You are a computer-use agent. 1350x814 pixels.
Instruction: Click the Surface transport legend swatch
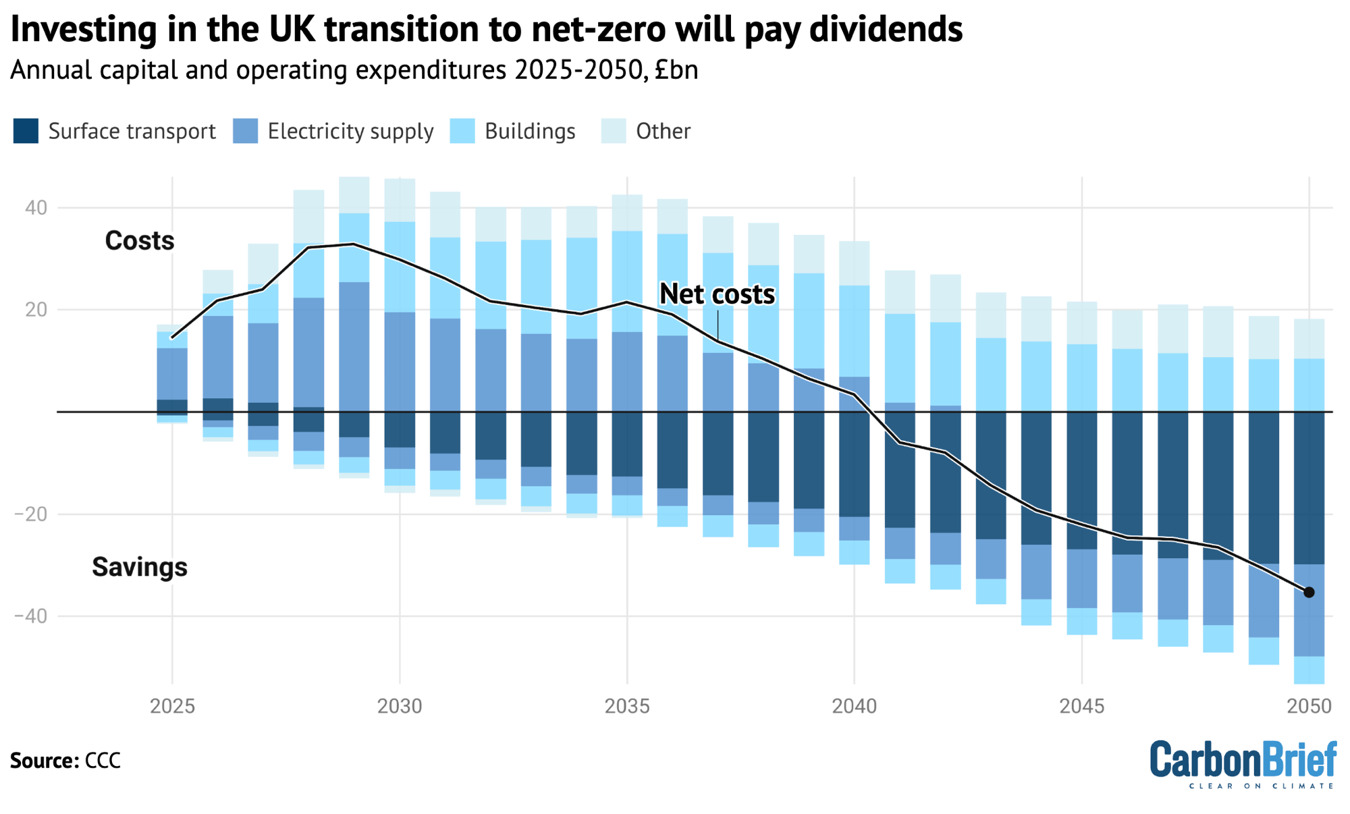26,131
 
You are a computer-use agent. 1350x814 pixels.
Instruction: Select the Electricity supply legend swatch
245,131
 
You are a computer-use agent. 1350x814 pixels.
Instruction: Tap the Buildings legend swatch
462,131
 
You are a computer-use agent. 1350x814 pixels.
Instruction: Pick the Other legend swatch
614,131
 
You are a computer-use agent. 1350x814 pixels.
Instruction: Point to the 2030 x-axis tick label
400,707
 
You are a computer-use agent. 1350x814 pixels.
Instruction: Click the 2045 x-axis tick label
1082,707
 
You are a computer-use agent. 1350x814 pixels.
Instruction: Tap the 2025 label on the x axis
172,707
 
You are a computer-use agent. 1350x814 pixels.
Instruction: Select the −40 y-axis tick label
28,616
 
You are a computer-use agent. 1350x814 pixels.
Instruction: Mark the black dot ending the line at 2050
1309,593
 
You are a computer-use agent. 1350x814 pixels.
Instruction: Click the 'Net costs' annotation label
717,294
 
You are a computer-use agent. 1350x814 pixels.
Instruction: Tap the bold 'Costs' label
140,241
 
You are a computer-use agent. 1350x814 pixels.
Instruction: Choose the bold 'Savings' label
140,567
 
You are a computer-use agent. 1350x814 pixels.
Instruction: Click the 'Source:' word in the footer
45,761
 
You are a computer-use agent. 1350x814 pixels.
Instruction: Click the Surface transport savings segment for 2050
1309,487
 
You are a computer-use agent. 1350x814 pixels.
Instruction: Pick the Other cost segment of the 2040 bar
854,263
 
